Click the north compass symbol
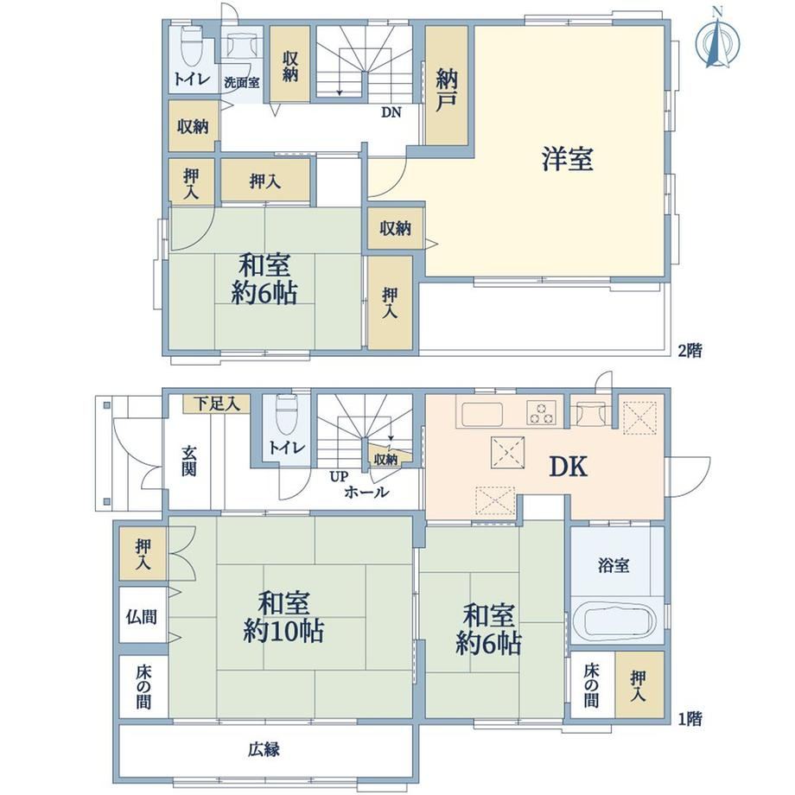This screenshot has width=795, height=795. click(x=717, y=40)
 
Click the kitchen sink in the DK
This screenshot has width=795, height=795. click(x=481, y=414)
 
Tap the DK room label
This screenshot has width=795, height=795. click(x=569, y=467)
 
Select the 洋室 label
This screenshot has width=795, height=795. click(x=568, y=158)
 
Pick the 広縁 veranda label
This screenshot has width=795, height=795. click(x=264, y=749)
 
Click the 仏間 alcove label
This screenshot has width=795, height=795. click(x=142, y=617)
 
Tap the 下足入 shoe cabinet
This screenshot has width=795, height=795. click(x=217, y=404)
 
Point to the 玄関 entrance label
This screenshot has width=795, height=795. click(x=189, y=461)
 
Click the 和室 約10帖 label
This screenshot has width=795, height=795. click(x=283, y=617)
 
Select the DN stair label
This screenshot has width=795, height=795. click(x=391, y=112)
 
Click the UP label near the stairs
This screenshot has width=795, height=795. click(x=339, y=477)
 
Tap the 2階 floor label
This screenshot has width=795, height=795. click(x=690, y=351)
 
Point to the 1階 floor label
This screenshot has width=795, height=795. click(x=690, y=719)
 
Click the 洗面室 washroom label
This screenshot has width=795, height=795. click(x=242, y=83)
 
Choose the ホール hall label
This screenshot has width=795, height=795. click(x=366, y=492)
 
